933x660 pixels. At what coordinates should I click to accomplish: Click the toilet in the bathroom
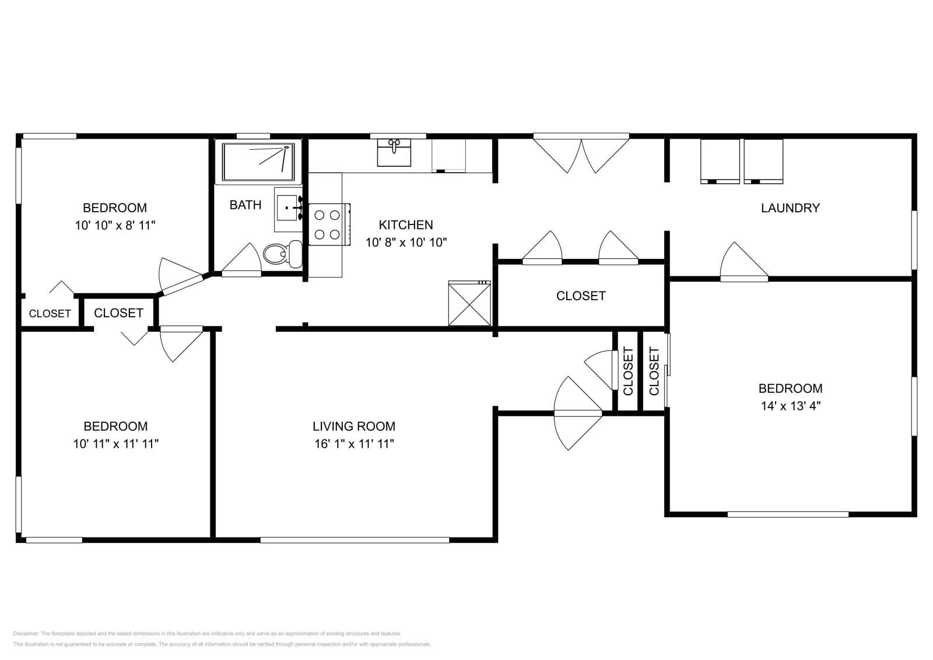[282, 254]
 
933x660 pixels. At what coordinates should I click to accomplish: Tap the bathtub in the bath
[258, 162]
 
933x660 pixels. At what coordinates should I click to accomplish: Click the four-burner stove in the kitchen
[327, 224]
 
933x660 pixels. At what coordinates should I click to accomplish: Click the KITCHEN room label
[406, 224]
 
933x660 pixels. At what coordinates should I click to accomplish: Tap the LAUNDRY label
[790, 208]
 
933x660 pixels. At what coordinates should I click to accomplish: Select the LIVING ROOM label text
[354, 426]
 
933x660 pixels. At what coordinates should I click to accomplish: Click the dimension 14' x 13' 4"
[790, 406]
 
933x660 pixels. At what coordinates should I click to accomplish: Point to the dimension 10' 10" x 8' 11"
[115, 225]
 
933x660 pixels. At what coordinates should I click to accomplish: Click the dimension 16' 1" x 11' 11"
[354, 444]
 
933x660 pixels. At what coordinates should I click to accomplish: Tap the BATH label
[245, 205]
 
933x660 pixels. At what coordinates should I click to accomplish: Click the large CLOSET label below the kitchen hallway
[581, 296]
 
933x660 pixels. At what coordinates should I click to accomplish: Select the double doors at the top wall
[581, 153]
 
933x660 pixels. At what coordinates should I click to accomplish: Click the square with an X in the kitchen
[469, 303]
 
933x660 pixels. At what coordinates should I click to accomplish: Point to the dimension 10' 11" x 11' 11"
[115, 444]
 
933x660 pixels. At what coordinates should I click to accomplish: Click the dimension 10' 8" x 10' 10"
[406, 243]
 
